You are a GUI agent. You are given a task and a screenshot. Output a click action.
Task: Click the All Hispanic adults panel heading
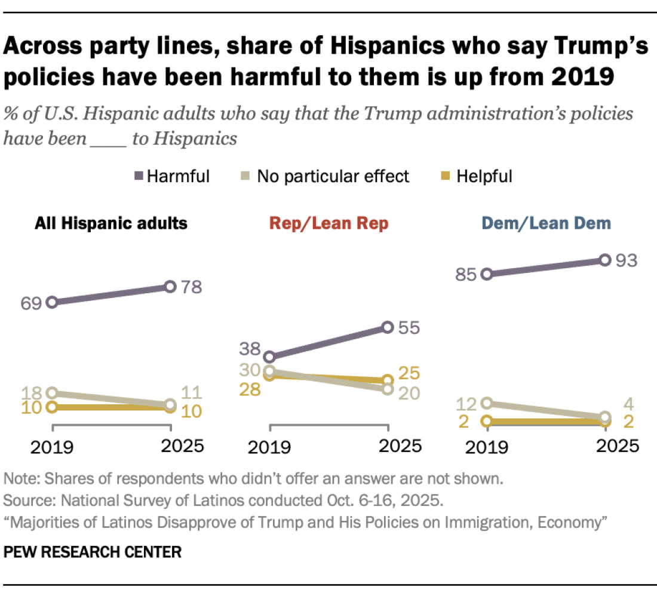pyautogui.click(x=111, y=223)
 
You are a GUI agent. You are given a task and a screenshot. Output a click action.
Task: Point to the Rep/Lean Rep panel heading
pyautogui.click(x=328, y=223)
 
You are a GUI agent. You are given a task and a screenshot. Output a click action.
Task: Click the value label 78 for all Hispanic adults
pyautogui.click(x=192, y=287)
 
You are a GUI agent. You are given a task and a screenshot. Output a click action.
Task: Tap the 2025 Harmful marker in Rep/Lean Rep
pyautogui.click(x=388, y=327)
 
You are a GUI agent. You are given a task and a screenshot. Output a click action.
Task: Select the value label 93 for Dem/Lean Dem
pyautogui.click(x=627, y=260)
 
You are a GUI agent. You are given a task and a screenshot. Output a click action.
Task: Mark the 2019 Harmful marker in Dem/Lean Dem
pyautogui.click(x=487, y=275)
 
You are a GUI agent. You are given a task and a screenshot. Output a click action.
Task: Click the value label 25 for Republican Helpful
pyautogui.click(x=409, y=374)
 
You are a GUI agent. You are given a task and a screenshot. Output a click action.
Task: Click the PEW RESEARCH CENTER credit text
pyautogui.click(x=93, y=551)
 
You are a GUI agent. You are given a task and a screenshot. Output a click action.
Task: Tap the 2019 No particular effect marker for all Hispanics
pyautogui.click(x=53, y=393)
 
